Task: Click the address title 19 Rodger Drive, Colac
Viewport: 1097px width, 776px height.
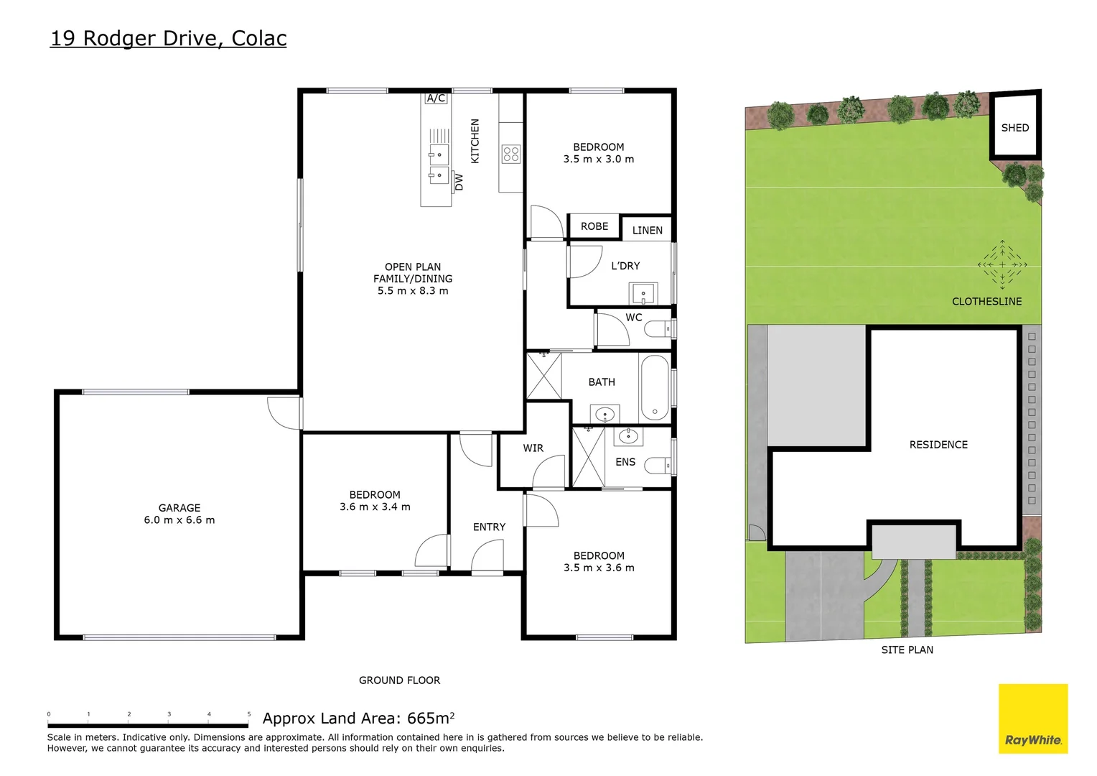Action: (168, 38)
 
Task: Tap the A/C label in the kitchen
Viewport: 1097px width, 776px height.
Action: (436, 98)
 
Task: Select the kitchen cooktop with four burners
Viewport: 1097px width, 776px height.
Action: (511, 154)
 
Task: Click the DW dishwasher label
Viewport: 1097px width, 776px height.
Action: (459, 182)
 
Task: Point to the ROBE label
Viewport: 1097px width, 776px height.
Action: (594, 226)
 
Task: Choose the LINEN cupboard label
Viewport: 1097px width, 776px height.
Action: (647, 231)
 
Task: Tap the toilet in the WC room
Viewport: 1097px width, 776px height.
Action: (658, 329)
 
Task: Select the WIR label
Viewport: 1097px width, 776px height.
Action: (533, 448)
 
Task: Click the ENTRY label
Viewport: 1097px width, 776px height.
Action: (489, 527)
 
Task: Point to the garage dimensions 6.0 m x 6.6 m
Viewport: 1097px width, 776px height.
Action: (179, 520)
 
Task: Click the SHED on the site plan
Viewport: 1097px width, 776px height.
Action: (1014, 128)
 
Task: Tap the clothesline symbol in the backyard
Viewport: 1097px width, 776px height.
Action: (1002, 264)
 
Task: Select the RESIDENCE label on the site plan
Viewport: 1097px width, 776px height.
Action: (938, 445)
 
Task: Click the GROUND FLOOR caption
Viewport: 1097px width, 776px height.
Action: (399, 680)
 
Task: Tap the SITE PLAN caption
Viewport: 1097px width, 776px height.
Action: (907, 650)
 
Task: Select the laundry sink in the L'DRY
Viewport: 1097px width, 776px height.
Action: (643, 293)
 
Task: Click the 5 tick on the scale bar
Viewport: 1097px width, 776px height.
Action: (249, 715)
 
